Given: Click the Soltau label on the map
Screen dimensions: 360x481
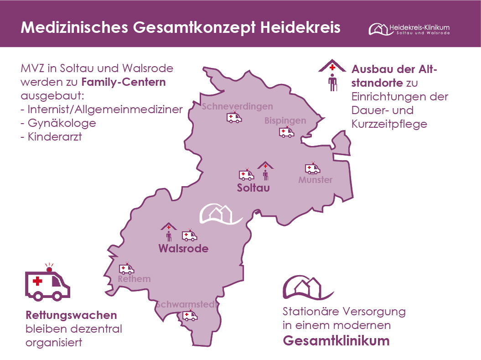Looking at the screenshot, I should click(x=253, y=188).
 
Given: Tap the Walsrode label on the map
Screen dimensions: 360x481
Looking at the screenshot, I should click(x=183, y=249).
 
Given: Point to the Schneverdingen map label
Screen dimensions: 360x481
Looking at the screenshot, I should click(x=237, y=107).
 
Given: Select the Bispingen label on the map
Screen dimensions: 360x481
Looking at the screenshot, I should click(x=285, y=121).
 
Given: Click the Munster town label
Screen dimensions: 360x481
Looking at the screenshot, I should click(x=315, y=180).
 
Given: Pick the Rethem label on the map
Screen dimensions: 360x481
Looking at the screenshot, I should click(x=134, y=279).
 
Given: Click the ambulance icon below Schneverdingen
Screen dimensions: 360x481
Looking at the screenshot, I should click(x=234, y=118).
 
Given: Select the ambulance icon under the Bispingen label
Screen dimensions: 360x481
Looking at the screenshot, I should click(x=286, y=132).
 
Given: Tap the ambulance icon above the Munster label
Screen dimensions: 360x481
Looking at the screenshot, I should click(x=312, y=168).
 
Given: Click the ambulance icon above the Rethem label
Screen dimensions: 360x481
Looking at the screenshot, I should click(x=126, y=269).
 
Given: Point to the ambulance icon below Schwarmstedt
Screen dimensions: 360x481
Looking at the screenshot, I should click(x=189, y=315).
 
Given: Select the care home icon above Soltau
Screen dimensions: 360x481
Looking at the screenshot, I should click(x=265, y=171).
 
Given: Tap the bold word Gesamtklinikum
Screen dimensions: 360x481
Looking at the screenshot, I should click(x=336, y=341).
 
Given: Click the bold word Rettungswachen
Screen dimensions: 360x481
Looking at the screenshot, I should click(x=71, y=315).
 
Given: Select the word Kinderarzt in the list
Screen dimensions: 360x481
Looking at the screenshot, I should click(x=55, y=136).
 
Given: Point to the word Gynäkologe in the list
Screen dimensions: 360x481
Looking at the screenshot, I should click(x=62, y=123).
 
